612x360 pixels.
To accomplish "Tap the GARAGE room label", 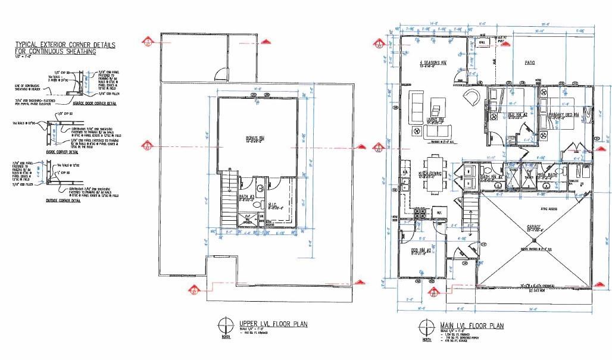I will (x=533, y=227).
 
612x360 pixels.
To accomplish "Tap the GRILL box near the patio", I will (x=482, y=43).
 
